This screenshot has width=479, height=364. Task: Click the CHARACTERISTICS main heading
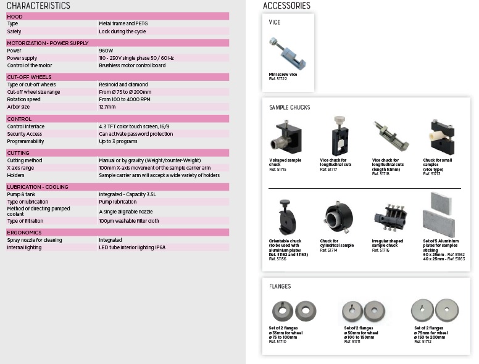38,6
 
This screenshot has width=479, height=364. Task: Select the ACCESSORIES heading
286,6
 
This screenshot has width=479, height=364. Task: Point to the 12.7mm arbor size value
107,106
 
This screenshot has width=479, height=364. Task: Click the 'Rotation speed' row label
23,99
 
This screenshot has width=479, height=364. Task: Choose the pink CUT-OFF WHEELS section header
117,77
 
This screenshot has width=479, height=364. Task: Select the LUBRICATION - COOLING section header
117,186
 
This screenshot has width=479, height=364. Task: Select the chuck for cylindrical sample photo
337,216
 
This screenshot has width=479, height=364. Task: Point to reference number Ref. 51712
423,341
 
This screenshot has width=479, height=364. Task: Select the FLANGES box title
280,286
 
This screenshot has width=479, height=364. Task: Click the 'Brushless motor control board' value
132,65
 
